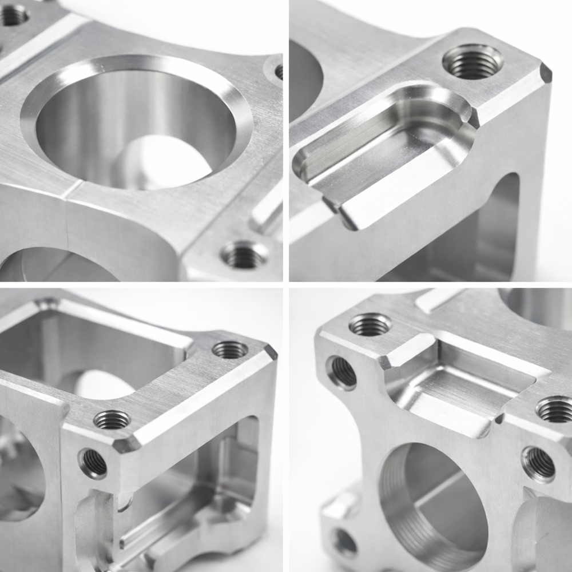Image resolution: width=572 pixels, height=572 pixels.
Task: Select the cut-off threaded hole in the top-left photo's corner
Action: point(14,14)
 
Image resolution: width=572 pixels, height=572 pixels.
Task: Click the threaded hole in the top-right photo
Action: point(472,61)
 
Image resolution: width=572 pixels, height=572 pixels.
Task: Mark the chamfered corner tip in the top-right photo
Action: point(546,73)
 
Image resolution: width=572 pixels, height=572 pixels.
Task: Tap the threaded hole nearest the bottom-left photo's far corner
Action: point(230,349)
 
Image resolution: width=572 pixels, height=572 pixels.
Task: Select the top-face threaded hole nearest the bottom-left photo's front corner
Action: point(112,420)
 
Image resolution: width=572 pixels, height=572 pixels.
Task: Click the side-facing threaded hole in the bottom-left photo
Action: point(93,463)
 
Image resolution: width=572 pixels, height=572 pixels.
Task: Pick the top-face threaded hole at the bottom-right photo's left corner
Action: point(370,324)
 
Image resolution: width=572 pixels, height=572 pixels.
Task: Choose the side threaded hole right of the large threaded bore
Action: point(538,464)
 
